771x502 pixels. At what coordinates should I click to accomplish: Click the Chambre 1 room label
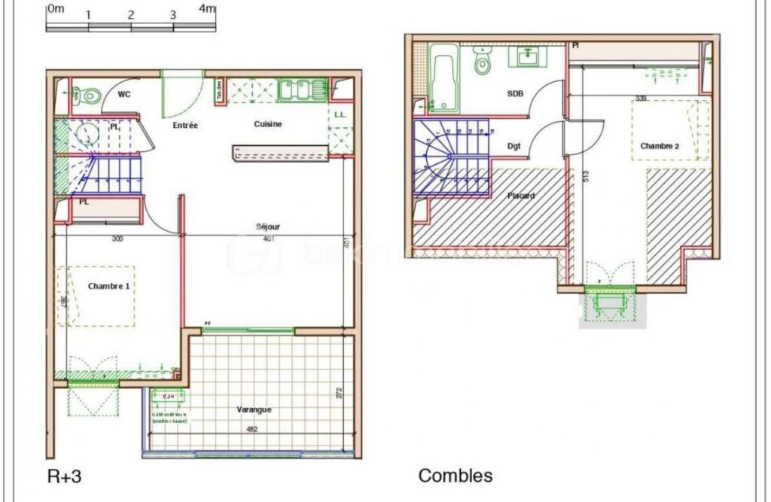[109, 287]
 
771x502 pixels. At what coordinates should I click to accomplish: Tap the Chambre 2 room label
[660, 146]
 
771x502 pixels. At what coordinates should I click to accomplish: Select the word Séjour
[269, 226]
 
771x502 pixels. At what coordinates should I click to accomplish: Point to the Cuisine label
[268, 124]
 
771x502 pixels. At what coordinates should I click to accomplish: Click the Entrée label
[185, 126]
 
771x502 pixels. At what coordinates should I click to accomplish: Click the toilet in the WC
[91, 96]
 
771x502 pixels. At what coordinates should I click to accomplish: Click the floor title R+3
[65, 476]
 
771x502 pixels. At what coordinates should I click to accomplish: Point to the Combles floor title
[456, 476]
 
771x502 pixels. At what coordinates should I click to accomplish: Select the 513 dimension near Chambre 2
[585, 177]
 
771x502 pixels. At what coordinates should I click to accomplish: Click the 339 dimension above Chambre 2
[641, 98]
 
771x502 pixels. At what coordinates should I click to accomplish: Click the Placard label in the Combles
[521, 196]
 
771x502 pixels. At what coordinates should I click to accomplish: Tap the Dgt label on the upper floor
[514, 146]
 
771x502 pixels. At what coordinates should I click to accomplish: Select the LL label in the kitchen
[340, 114]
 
